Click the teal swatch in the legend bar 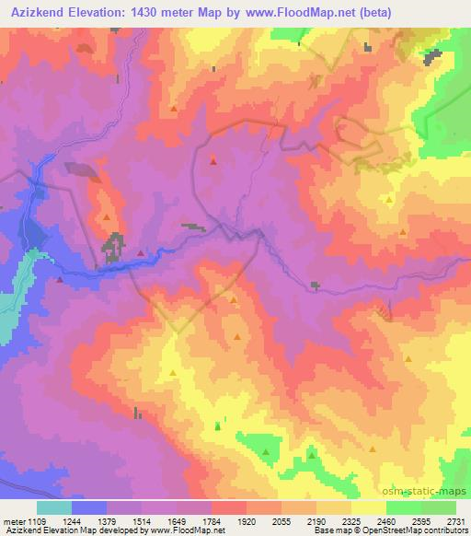(x=54, y=507)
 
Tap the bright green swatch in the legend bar (x=404, y=507)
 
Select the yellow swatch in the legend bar (x=369, y=507)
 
